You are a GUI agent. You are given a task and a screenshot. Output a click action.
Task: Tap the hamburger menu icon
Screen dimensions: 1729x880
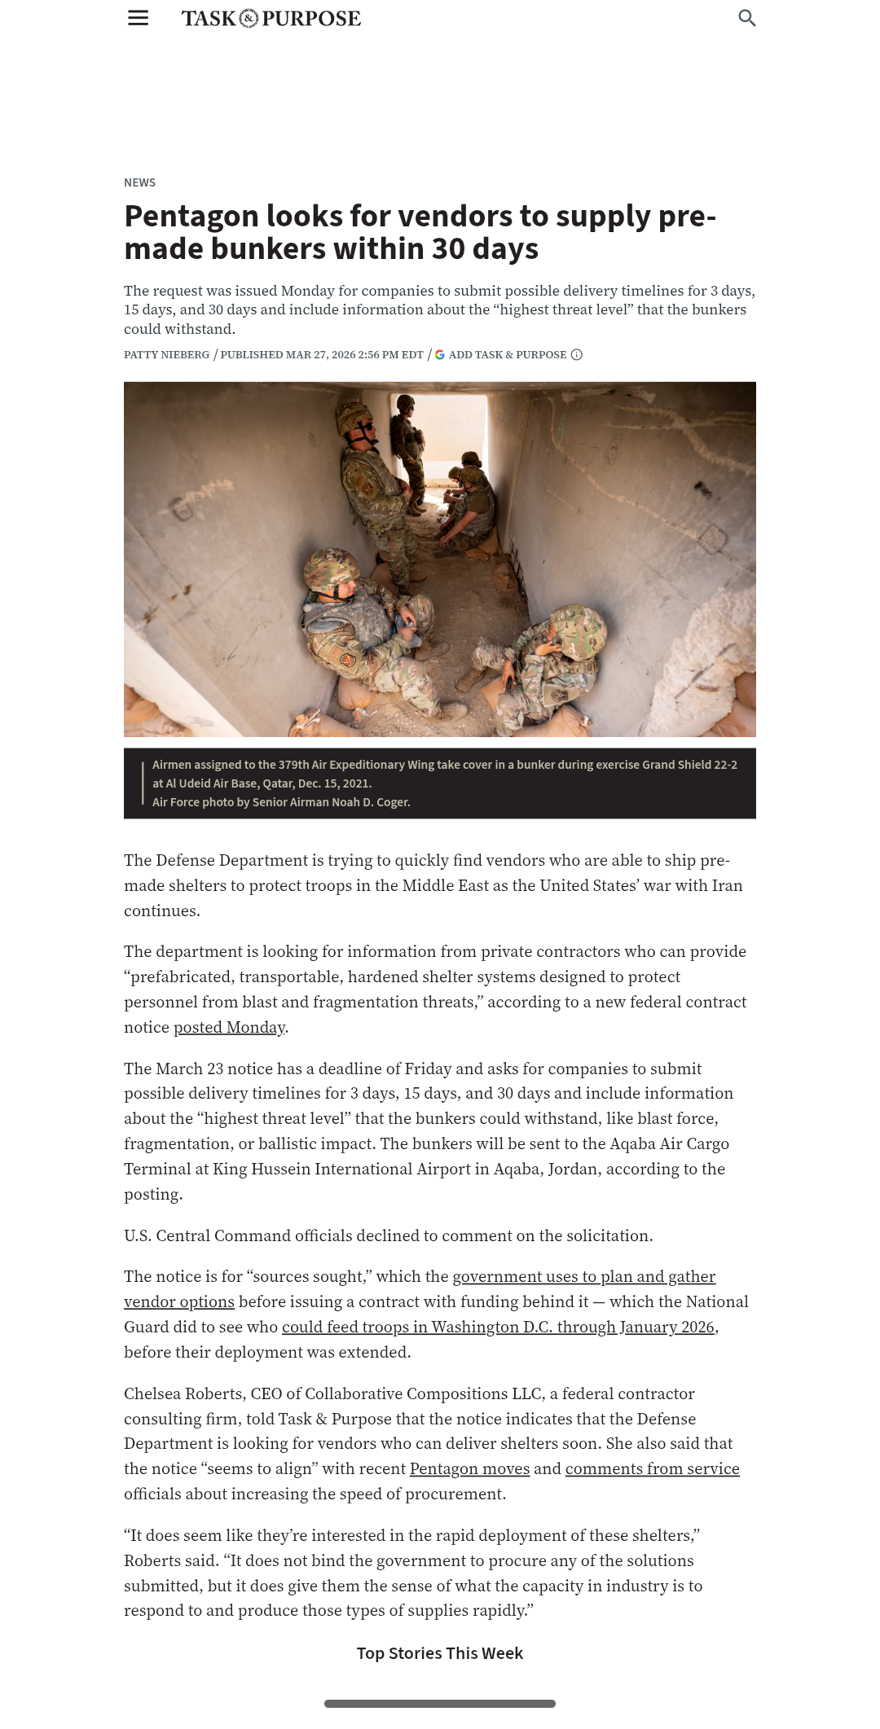[139, 18]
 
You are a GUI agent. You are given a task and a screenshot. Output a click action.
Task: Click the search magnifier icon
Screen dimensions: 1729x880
[746, 18]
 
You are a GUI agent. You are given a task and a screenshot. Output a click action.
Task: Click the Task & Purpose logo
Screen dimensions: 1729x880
[271, 19]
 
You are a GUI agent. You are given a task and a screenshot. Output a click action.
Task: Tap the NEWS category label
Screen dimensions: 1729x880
[139, 182]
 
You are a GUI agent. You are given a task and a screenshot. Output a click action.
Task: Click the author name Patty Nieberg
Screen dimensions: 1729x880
[166, 354]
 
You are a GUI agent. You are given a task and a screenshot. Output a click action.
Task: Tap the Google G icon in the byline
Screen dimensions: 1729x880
[440, 354]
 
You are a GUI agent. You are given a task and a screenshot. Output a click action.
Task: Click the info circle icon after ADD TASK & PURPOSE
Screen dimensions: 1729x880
[577, 354]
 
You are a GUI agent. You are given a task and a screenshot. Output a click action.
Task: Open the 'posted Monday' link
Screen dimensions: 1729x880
[229, 1027]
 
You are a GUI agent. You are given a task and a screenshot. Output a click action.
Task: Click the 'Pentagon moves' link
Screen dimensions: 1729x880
[469, 1468]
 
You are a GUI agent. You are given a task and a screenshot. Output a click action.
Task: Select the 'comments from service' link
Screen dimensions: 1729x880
[652, 1468]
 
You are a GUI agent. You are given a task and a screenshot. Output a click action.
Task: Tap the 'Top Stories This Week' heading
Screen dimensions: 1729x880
[440, 1653]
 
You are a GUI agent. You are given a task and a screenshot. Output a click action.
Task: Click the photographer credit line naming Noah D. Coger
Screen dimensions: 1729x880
[281, 802]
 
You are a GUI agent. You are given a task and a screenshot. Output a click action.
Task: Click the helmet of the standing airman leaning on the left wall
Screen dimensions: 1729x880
[355, 419]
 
